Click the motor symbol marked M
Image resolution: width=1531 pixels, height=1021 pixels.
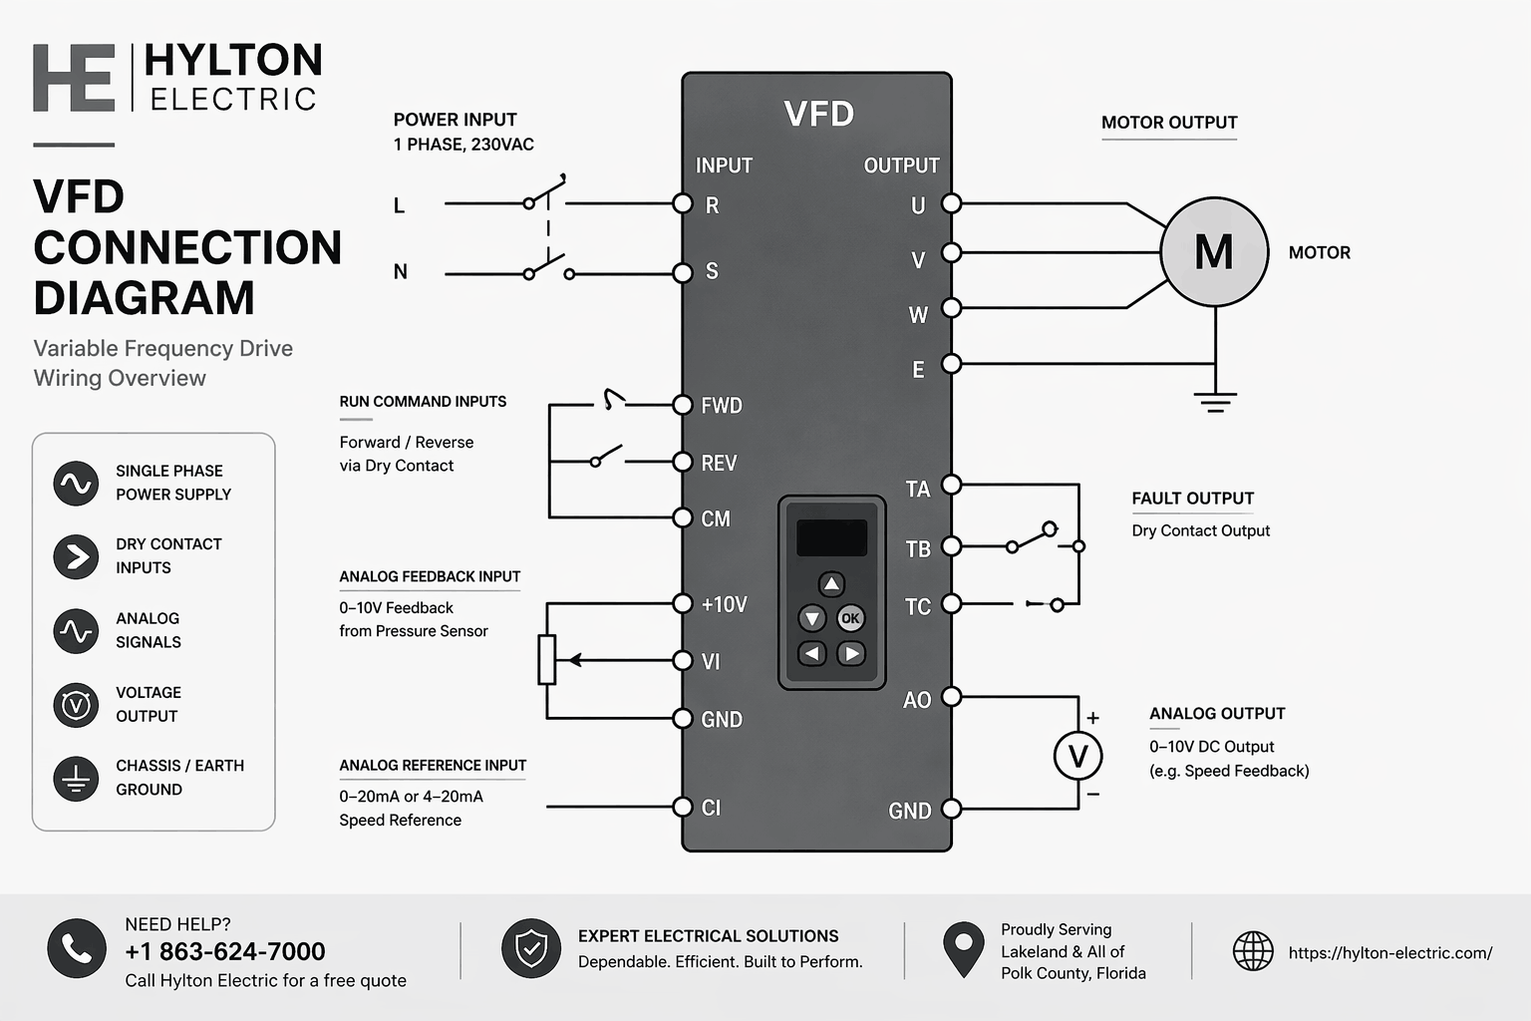(1214, 251)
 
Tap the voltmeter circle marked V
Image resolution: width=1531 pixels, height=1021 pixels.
(1077, 757)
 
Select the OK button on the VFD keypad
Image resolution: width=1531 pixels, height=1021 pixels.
(850, 618)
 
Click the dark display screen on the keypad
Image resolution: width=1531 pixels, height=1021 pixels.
(831, 538)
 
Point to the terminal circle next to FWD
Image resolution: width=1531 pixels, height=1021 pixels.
(683, 405)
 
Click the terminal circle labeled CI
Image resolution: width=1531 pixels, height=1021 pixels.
(683, 807)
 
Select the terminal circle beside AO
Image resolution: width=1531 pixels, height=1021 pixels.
(952, 696)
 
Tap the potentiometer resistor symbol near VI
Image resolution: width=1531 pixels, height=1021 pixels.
(546, 659)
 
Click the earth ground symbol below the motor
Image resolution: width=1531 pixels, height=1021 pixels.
(1215, 401)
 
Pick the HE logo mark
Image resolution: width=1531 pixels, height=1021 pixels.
(74, 78)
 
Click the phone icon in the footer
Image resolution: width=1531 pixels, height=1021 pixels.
(77, 948)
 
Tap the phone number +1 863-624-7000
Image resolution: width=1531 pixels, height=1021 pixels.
(225, 951)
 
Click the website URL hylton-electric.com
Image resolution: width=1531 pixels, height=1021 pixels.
(1389, 953)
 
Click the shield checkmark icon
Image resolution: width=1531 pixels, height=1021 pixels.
(531, 948)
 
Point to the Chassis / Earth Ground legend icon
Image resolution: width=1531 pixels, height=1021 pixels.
(77, 779)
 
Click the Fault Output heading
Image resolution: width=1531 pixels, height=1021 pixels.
(1192, 499)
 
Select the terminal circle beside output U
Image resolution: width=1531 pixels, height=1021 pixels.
(952, 203)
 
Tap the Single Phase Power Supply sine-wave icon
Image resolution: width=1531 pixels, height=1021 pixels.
(77, 484)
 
